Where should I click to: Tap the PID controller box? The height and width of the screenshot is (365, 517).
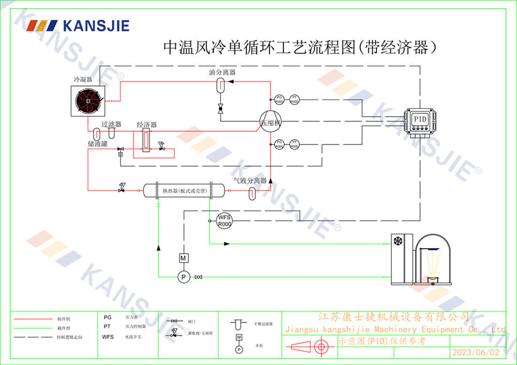420,119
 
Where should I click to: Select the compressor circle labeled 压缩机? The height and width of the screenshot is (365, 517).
270,122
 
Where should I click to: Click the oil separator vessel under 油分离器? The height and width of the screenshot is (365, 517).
220,84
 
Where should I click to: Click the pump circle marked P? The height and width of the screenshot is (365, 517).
182,278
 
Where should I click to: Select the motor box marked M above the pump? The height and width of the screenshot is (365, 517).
182,257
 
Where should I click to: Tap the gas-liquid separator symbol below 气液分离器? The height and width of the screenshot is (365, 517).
252,192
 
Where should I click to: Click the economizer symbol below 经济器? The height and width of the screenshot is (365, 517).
146,141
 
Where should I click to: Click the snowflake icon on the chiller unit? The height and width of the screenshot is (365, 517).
399,241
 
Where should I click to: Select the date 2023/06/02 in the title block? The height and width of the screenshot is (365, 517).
476,353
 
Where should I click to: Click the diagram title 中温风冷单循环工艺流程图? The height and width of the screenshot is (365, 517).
258,48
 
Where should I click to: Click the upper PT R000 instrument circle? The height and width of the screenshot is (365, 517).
294,99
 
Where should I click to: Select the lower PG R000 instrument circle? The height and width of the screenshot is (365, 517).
279,144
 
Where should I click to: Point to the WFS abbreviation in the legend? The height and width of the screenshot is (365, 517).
108,337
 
